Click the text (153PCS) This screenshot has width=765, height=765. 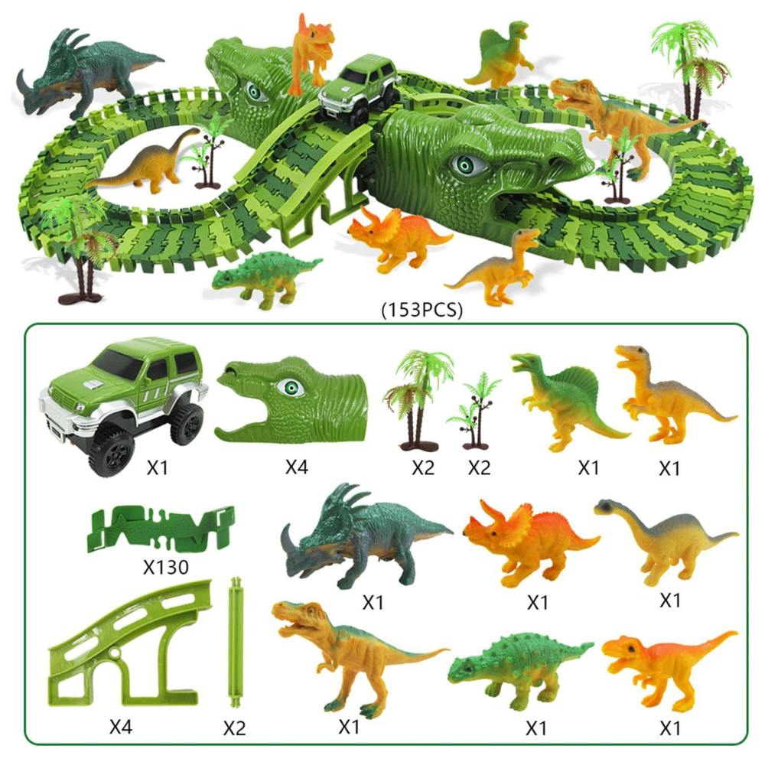(x=422, y=310)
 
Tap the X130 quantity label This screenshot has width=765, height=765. (x=166, y=566)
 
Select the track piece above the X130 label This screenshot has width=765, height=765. (x=161, y=529)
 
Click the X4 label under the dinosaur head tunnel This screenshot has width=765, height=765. (x=297, y=467)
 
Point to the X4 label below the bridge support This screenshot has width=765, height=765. (x=121, y=727)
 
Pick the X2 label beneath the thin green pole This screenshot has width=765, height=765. (x=234, y=728)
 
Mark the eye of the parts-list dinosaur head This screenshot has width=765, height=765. (x=289, y=389)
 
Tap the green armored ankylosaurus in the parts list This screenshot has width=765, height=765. (x=519, y=671)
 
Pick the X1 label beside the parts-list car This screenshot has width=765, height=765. (x=157, y=467)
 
